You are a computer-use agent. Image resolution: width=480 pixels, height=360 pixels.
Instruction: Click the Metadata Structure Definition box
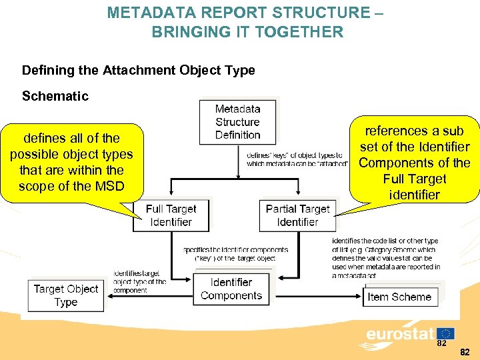click(x=237, y=122)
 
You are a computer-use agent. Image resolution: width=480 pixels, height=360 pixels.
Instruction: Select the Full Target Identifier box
click(x=171, y=215)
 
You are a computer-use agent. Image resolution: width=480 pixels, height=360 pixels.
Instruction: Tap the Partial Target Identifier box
click(x=297, y=215)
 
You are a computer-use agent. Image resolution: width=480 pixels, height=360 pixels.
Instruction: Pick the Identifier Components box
click(x=231, y=289)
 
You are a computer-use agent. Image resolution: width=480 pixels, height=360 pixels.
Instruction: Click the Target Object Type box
click(x=66, y=295)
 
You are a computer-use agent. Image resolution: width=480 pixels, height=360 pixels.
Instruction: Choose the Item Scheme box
click(x=399, y=297)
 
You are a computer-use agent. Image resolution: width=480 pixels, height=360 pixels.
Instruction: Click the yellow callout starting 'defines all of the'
click(x=71, y=162)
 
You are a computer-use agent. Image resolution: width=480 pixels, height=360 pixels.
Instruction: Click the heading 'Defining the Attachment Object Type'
click(x=138, y=70)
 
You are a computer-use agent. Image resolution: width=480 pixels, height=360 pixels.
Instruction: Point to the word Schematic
click(x=55, y=96)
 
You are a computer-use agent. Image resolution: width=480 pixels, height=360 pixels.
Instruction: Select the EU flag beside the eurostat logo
click(x=445, y=333)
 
